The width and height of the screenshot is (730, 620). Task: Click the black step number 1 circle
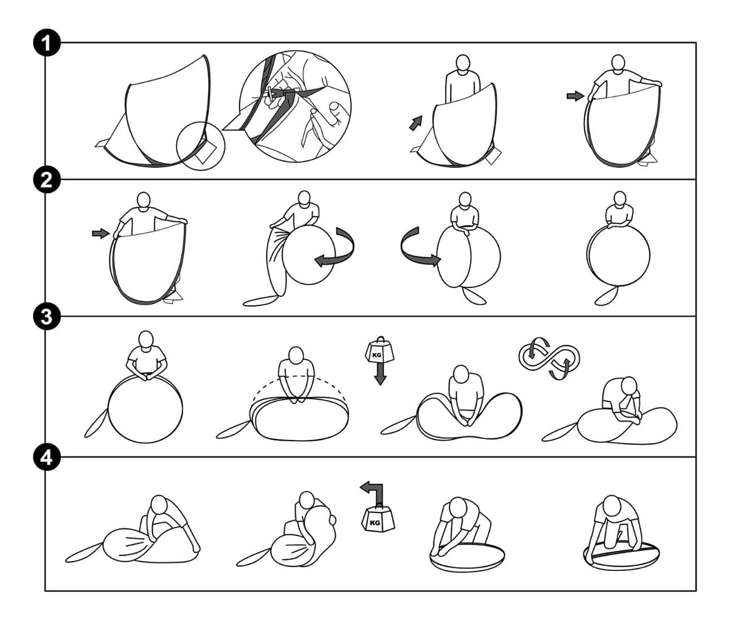coord(47,43)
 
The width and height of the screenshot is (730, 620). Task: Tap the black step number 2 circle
coord(47,179)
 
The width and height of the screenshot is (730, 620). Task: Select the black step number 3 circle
coord(47,317)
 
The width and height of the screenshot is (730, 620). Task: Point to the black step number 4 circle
coord(47,457)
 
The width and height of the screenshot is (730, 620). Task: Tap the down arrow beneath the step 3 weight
coord(380,374)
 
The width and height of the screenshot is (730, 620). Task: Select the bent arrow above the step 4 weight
coord(375,492)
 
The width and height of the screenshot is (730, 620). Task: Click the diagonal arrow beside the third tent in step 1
coord(415,123)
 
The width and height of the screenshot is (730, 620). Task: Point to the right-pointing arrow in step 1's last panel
coord(575,95)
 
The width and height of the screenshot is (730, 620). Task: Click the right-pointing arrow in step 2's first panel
coord(100,233)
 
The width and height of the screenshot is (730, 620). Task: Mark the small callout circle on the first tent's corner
coord(201,146)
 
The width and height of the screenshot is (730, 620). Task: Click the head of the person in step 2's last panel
coord(620,199)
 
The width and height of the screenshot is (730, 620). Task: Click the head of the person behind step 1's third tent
coord(463,64)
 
